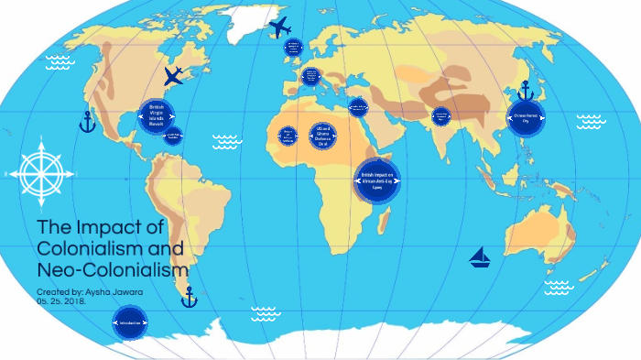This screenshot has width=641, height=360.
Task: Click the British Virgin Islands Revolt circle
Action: click(156, 115)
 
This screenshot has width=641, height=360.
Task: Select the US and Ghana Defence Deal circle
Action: click(320, 136)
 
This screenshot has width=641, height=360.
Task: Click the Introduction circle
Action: click(129, 323)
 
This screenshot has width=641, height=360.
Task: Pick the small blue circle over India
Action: click(441, 116)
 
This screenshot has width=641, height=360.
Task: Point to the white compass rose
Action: click(38, 170)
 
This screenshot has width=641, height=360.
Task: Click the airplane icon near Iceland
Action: click(279, 27)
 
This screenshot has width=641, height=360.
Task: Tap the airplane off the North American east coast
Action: click(172, 76)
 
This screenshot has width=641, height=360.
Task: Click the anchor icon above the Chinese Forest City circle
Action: click(526, 91)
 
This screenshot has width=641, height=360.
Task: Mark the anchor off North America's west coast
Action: click(87, 122)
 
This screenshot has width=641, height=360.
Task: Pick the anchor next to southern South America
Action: click(190, 297)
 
